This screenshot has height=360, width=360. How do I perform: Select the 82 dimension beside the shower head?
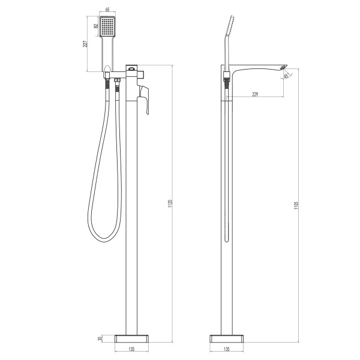[96, 26]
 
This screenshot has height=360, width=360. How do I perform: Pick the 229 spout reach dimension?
[255, 95]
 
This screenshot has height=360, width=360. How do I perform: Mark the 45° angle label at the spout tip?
[287, 75]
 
